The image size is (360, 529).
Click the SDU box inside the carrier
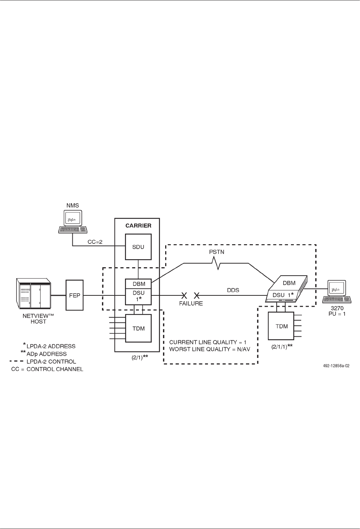pos(138,247)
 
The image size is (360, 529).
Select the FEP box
pos(75,295)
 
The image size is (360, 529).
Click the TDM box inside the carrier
pos(139,328)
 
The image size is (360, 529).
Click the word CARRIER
pos(138,226)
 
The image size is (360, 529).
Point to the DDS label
pos(233,290)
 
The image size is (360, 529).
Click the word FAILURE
pos(191,303)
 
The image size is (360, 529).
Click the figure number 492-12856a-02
pos(332,365)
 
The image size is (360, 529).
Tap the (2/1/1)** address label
pos(282,346)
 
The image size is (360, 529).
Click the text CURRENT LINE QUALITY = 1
pos(208,343)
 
